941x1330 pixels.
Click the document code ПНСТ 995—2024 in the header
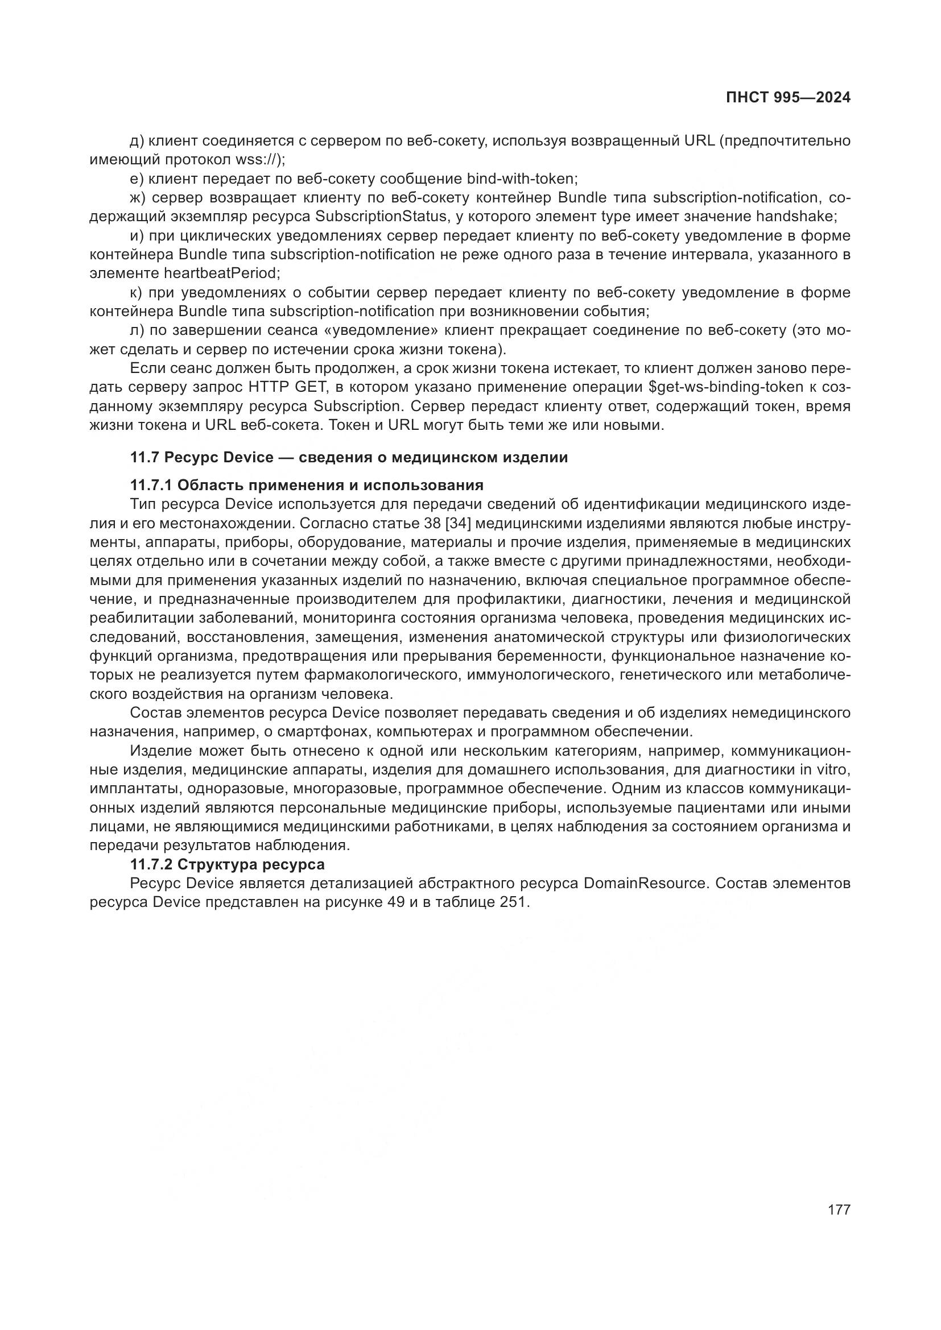click(788, 98)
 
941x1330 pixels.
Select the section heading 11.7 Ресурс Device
click(348, 458)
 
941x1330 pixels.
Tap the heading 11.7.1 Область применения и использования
click(307, 484)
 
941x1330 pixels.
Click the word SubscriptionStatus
click(382, 217)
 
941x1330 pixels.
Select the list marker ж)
click(138, 197)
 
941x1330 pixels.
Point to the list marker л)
click(137, 331)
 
